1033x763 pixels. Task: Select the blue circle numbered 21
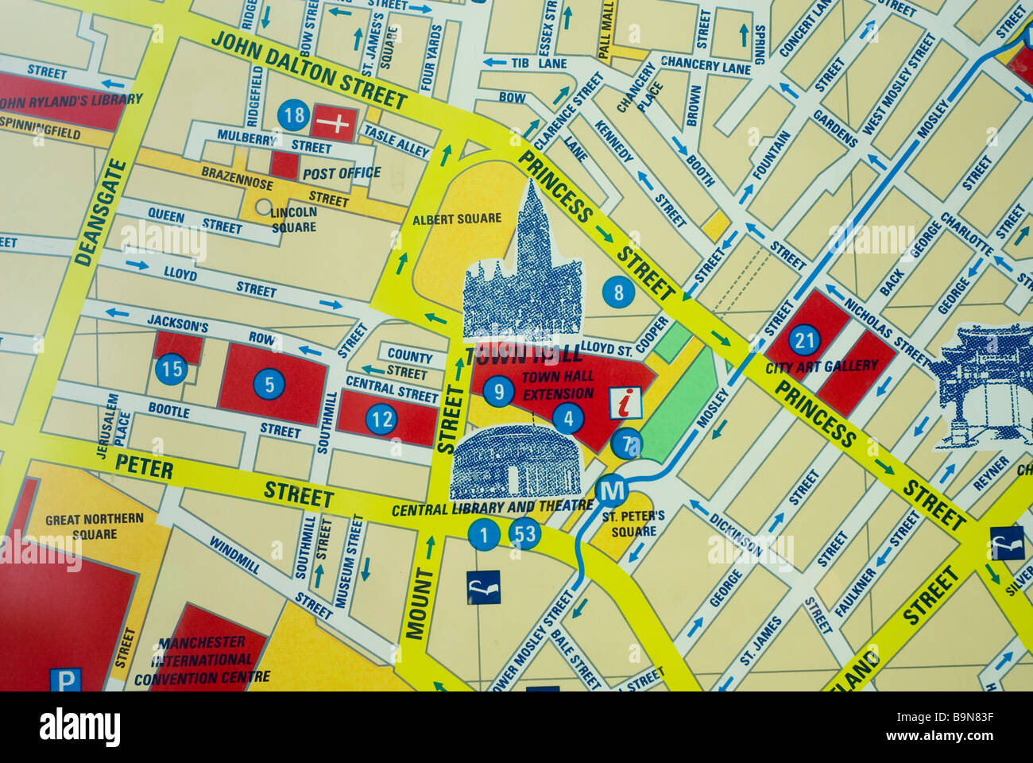coord(805,340)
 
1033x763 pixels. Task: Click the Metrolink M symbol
coord(612,491)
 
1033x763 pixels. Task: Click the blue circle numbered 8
coord(618,293)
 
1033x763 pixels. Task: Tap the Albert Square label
coord(457,219)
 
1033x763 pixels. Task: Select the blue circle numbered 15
coord(171,369)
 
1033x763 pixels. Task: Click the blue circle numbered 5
coord(269,385)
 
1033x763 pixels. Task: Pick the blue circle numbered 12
coord(381,419)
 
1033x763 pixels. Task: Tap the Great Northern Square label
coord(95,526)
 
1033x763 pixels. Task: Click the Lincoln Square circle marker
coord(263,207)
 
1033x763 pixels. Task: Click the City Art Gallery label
coord(822,366)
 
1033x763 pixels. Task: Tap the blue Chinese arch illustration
coord(981,385)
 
